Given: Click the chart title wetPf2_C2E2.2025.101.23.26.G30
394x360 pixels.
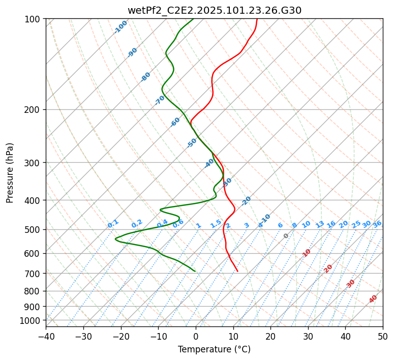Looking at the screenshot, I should point(214,10).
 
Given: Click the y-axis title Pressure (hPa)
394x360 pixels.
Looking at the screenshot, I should point(10,172).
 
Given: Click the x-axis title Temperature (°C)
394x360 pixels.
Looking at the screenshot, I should point(214,349).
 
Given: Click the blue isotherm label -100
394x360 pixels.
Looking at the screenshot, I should point(120,26).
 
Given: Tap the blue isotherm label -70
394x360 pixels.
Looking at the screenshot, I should point(160,100).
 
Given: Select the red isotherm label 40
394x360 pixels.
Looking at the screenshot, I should point(373,299).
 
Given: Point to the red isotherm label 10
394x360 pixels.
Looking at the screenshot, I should point(307,253).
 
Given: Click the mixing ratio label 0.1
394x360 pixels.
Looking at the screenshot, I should point(113,223).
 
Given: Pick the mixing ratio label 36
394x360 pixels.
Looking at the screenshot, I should point(377,224).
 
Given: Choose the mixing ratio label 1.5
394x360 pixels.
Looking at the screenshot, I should point(216,223).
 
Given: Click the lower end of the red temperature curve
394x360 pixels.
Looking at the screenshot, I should point(237,271).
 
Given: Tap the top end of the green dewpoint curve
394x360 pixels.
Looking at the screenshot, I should point(194,19).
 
